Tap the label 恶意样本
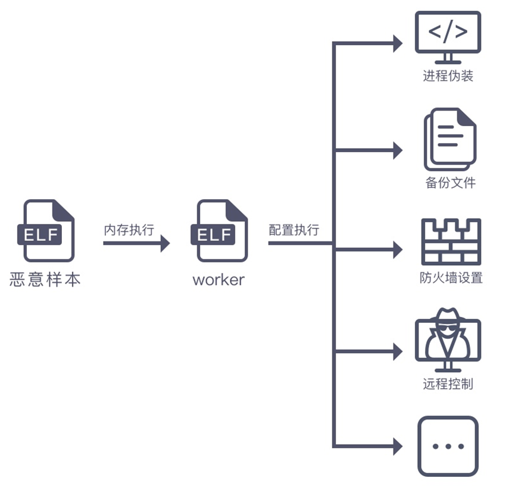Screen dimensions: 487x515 45,279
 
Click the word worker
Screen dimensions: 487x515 219,279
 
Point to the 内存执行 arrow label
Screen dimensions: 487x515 129,230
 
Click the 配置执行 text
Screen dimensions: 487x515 294,230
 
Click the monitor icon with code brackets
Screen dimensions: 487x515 448,37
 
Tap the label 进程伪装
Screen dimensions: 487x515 448,76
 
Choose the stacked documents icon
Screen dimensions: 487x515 450,139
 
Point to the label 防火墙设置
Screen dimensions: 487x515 451,278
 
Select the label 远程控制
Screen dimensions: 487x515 448,384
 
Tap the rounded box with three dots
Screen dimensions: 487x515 448,446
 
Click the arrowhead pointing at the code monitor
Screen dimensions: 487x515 398,43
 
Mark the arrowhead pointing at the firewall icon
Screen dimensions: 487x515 398,250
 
